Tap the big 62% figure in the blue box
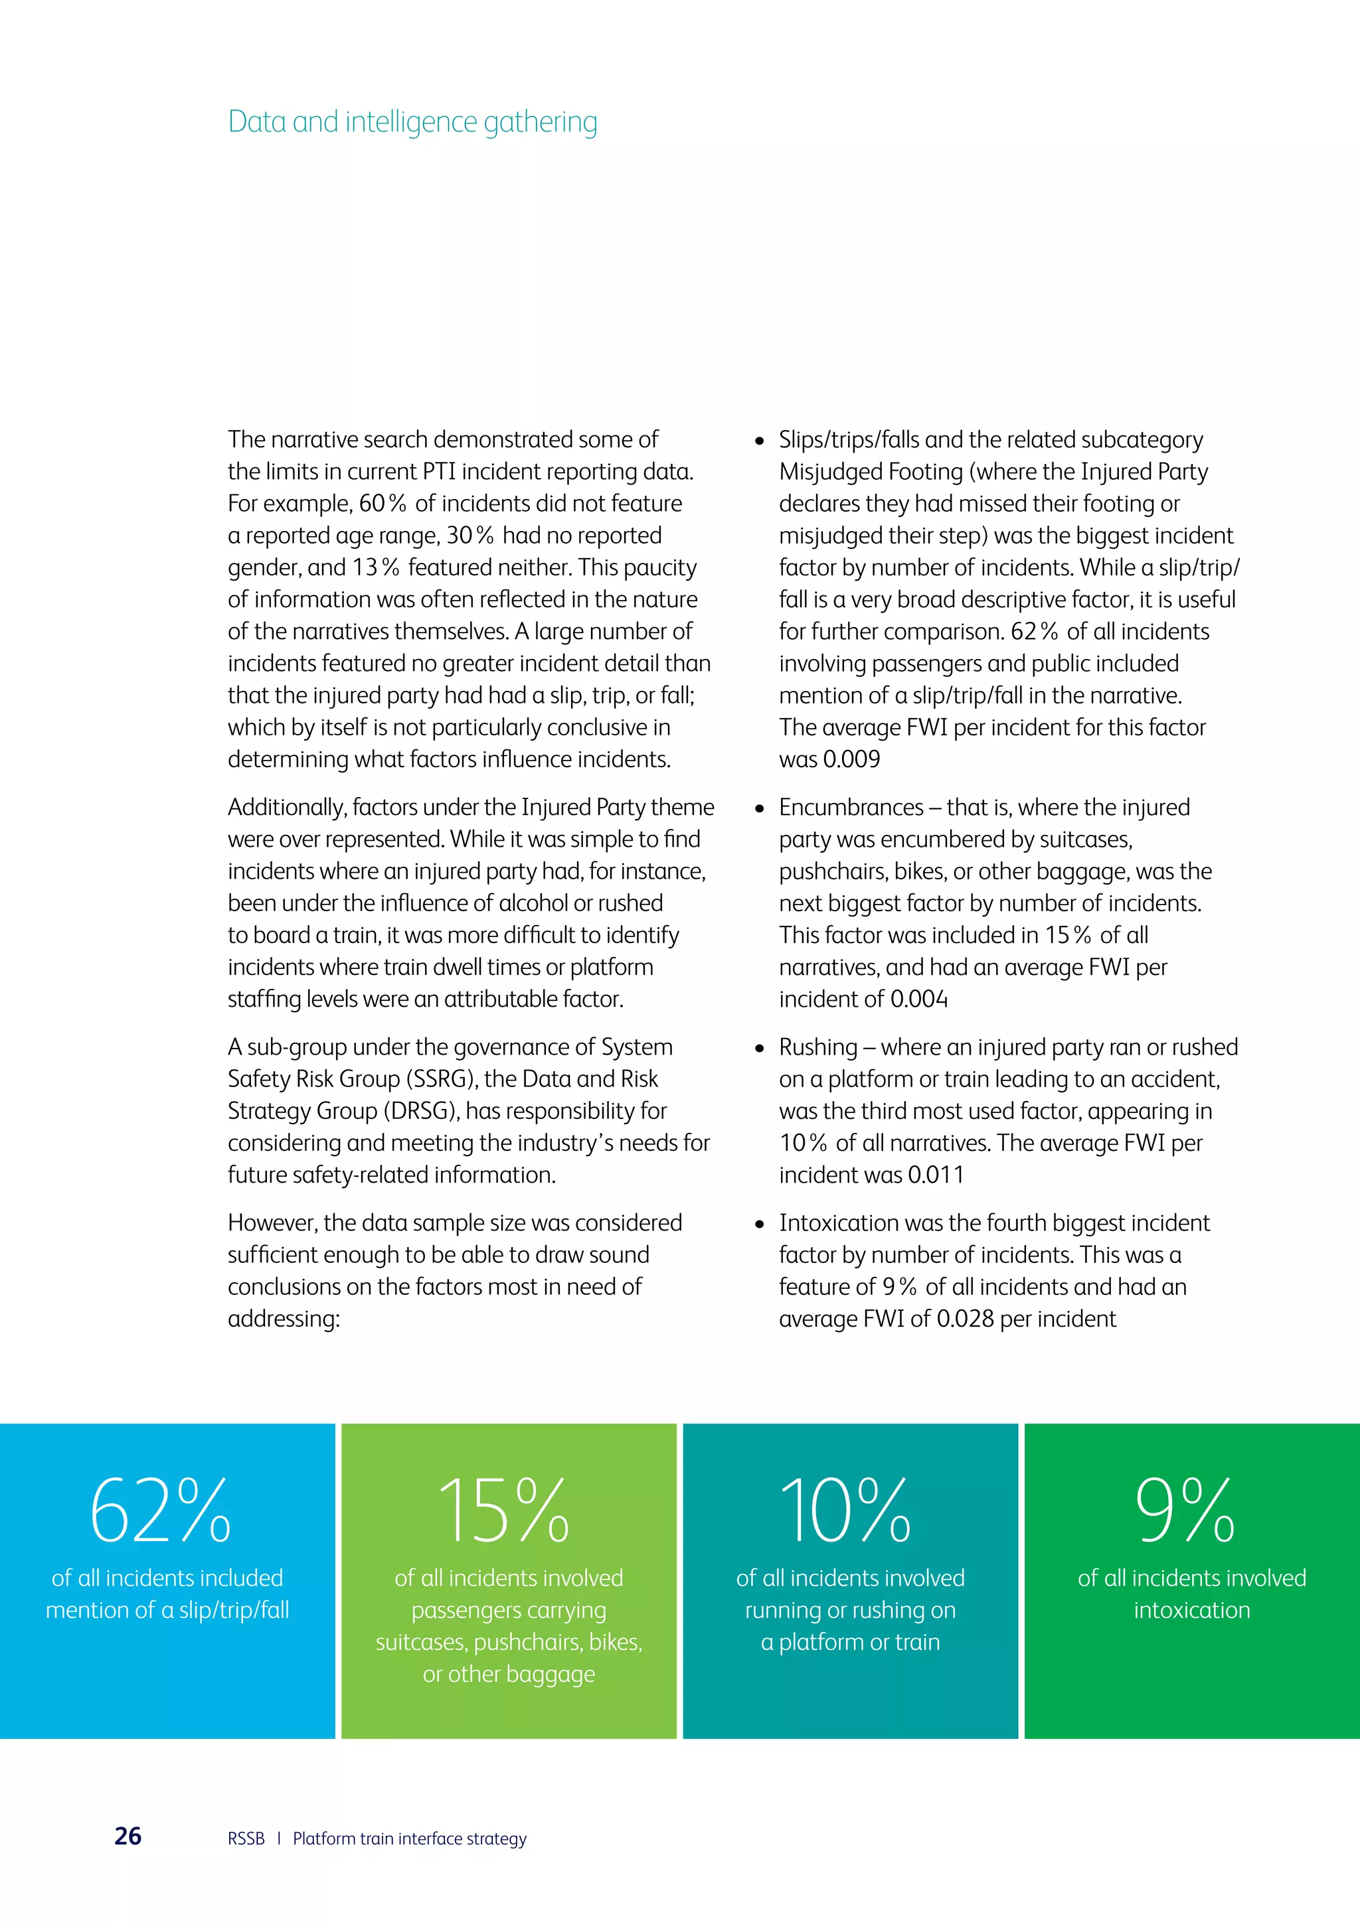(160, 1511)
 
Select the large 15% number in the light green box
(504, 1511)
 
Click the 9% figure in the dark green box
(1184, 1511)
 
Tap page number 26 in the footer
(127, 1836)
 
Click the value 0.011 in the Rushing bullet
(936, 1175)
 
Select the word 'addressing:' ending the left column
(284, 1319)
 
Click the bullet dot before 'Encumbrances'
(760, 808)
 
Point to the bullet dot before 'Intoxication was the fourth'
(760, 1224)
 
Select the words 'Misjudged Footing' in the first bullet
(871, 471)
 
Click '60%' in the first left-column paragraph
(382, 503)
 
